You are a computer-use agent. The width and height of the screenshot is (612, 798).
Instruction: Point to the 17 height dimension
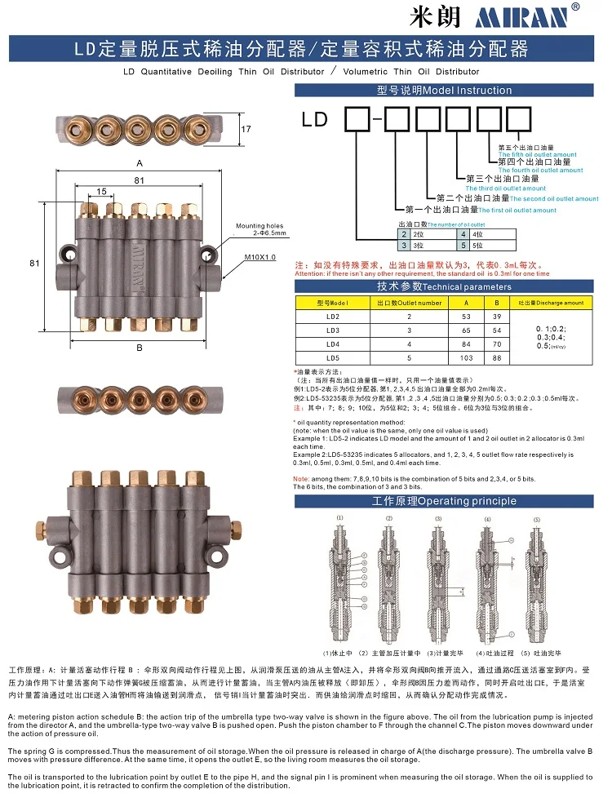point(246,128)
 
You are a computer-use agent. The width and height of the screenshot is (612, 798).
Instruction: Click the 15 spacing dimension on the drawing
point(101,191)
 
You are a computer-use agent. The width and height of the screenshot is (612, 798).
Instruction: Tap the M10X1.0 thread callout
point(260,256)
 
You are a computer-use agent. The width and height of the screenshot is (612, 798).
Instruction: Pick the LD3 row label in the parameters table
point(333,330)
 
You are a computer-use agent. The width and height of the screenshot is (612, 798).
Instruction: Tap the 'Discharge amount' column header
point(551,302)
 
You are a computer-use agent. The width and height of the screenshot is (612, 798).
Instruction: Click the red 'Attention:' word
point(309,273)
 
